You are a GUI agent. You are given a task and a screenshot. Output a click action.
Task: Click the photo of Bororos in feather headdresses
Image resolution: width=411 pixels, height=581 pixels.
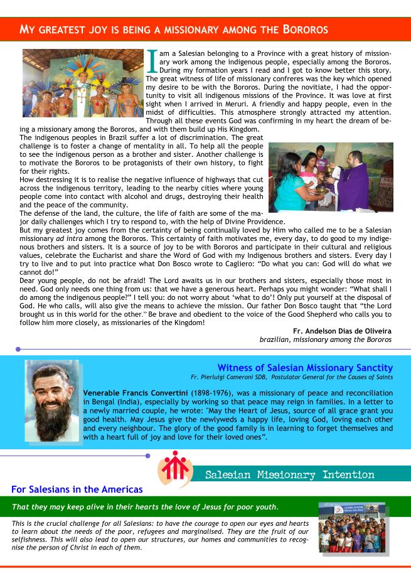[x=83, y=82]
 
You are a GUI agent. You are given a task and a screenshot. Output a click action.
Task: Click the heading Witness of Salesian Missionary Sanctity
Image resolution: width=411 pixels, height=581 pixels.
[x=305, y=368]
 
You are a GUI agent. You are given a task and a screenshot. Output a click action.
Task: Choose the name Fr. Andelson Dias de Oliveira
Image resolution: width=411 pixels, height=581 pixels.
[x=343, y=331]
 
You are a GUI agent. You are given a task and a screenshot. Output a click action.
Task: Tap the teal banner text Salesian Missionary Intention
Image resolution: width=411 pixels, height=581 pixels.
[x=290, y=475]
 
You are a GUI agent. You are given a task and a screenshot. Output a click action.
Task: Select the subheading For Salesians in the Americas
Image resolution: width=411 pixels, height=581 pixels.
[x=77, y=489]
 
